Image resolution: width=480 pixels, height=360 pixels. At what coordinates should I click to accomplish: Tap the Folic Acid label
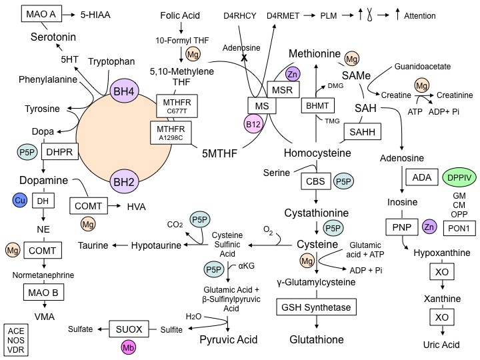click(x=181, y=15)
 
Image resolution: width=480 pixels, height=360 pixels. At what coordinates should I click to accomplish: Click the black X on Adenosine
click(x=245, y=59)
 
